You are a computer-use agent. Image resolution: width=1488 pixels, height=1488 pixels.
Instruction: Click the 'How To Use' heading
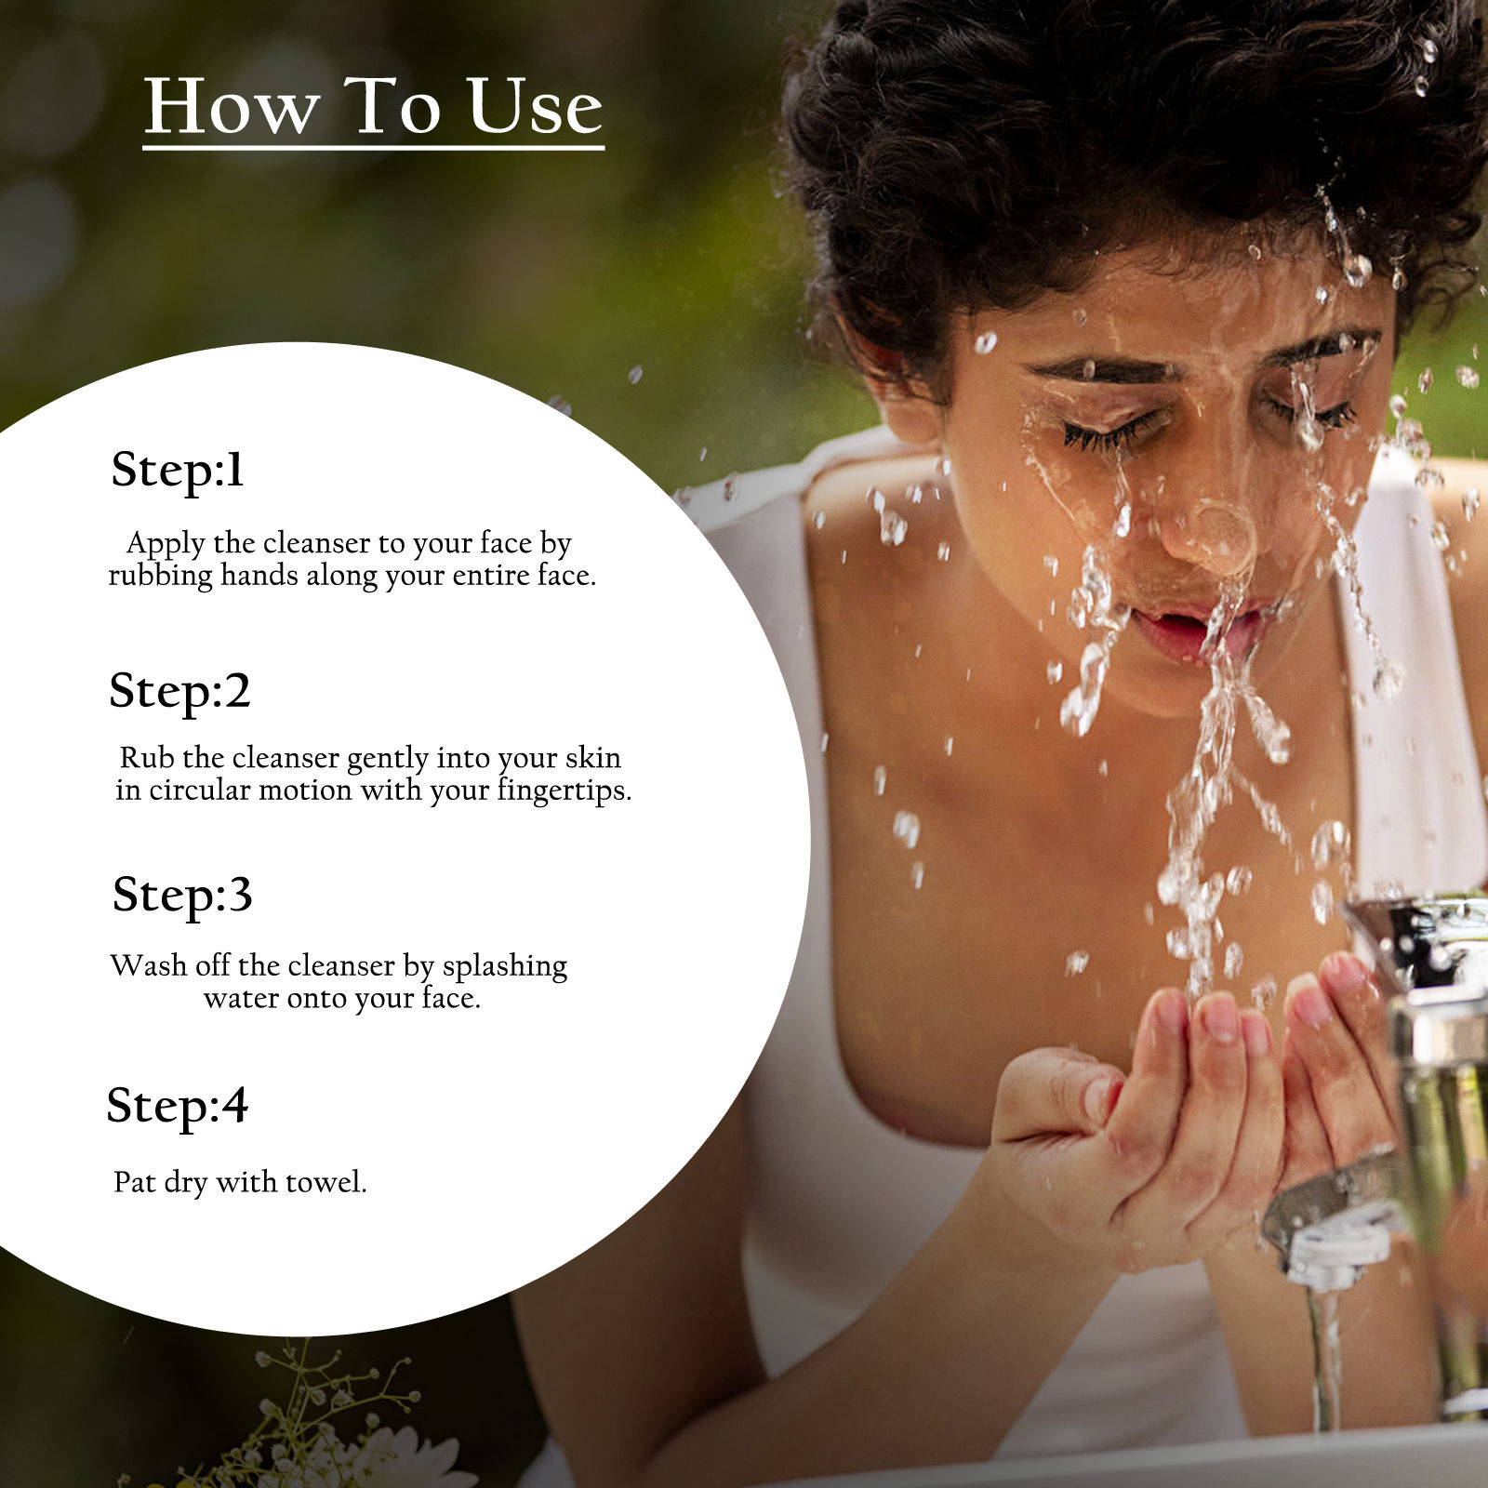(x=374, y=107)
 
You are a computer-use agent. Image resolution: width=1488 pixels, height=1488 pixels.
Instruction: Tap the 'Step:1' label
(x=177, y=471)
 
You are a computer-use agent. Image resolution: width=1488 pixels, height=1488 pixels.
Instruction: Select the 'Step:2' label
(x=179, y=692)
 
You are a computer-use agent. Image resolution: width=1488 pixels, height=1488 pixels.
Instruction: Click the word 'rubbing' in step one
(x=161, y=577)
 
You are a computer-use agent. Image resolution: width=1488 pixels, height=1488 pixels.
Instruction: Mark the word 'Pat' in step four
(x=134, y=1182)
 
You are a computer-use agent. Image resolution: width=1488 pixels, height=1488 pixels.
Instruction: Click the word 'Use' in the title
(x=535, y=107)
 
